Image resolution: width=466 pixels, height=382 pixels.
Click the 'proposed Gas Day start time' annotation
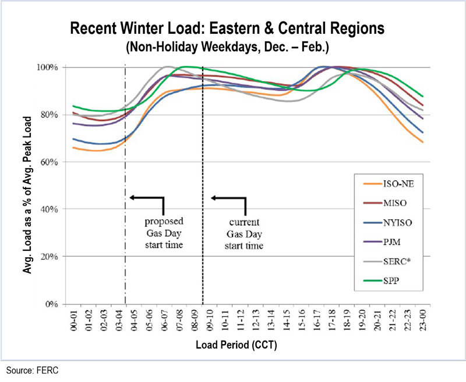click(164, 233)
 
